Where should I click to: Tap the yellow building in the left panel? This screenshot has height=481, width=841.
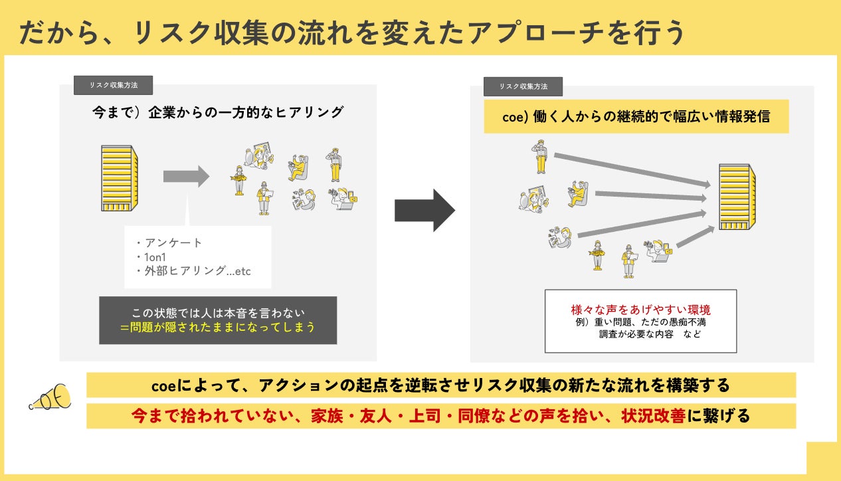[x=119, y=178]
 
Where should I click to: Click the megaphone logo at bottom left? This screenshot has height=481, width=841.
[x=50, y=397]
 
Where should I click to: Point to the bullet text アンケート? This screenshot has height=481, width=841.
[x=169, y=242]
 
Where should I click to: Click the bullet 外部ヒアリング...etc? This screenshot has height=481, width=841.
[x=193, y=271]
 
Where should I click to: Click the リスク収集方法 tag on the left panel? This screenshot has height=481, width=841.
[x=113, y=85]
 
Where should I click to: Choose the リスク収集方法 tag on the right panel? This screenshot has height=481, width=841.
[x=523, y=86]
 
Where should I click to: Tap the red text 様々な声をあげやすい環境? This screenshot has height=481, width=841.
[x=640, y=310]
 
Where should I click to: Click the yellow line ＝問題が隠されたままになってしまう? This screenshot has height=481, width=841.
[x=217, y=328]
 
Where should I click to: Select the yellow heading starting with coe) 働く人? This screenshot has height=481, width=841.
[x=636, y=116]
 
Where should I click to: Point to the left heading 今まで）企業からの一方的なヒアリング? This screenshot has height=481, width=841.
[x=217, y=112]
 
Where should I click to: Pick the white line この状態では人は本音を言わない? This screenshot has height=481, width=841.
[x=217, y=312]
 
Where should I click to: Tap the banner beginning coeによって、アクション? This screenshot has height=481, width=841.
[x=441, y=385]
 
